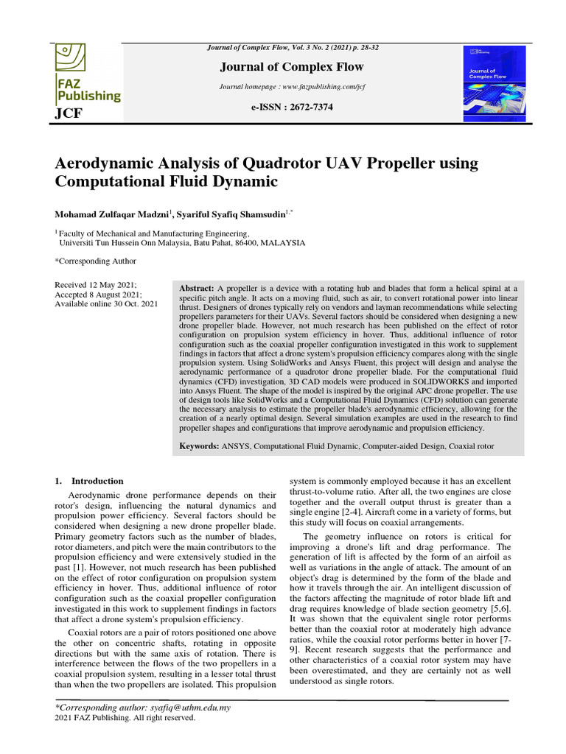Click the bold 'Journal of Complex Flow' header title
tap(293, 67)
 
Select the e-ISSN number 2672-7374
tap(293, 108)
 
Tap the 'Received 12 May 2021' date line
tap(96, 284)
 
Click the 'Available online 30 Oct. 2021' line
tap(106, 303)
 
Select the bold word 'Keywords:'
tap(199, 446)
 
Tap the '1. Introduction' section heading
tap(89, 481)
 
